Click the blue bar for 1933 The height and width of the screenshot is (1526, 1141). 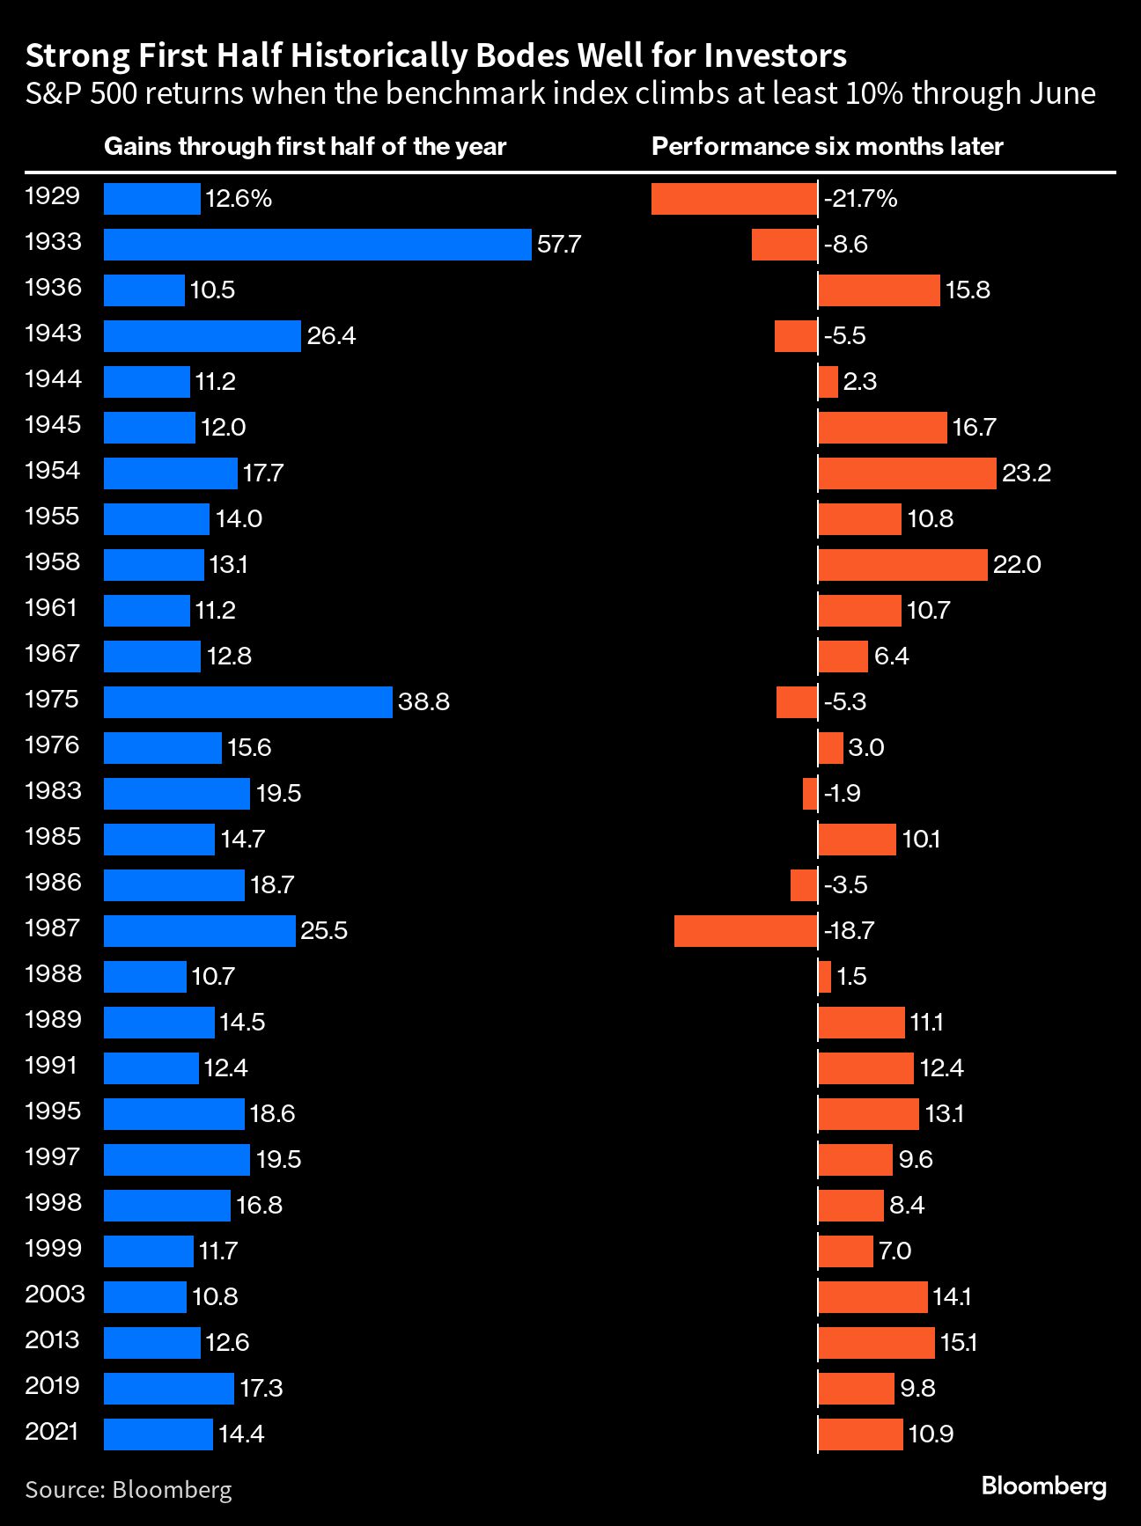tap(317, 245)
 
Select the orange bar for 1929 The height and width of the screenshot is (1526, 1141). tap(734, 199)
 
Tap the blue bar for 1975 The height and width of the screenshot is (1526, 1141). tap(247, 702)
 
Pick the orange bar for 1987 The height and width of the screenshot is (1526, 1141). tap(746, 931)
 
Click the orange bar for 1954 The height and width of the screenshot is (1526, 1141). tap(907, 473)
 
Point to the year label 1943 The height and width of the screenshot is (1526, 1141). tap(53, 334)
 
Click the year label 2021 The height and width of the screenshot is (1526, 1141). tap(53, 1432)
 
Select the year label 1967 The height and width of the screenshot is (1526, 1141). tap(53, 654)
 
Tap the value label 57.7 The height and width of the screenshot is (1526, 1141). tap(559, 245)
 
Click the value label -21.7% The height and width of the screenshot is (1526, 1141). tap(860, 199)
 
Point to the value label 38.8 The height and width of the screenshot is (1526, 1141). tap(423, 702)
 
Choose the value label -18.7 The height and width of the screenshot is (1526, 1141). tap(849, 931)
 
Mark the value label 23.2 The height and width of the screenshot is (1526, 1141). tap(1027, 473)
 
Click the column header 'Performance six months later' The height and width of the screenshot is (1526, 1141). tap(827, 146)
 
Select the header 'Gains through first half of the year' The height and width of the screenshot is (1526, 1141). tap(305, 146)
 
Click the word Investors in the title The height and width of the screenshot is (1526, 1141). tap(775, 55)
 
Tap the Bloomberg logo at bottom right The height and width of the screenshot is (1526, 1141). tap(1043, 1486)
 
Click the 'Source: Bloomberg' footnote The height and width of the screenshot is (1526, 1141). tap(129, 1489)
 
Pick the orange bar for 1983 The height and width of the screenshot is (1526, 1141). tap(810, 794)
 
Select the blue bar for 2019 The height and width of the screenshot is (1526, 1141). tap(169, 1389)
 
